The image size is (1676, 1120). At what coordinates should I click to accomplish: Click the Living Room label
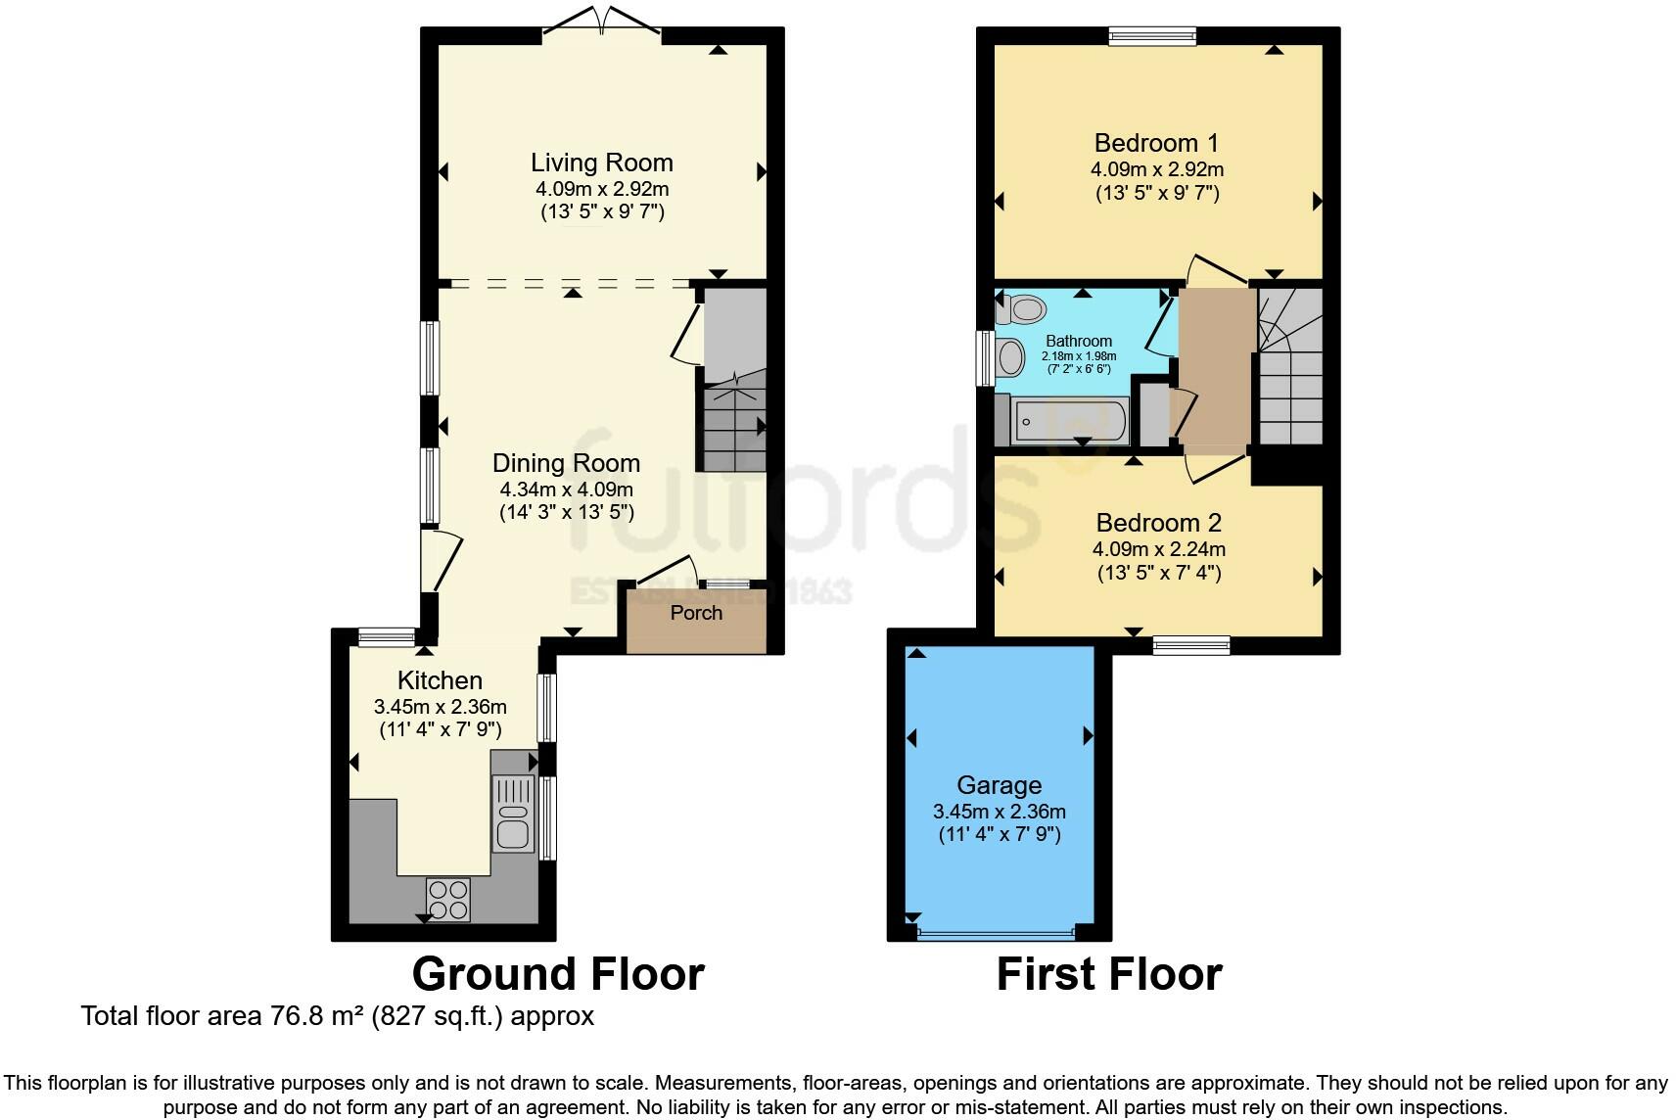click(x=601, y=163)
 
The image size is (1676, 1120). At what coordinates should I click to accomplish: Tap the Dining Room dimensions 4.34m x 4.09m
click(x=566, y=489)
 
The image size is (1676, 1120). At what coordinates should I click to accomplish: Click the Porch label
click(x=696, y=613)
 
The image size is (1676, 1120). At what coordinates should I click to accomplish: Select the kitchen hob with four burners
click(x=447, y=899)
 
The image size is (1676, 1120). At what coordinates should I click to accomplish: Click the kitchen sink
click(x=512, y=813)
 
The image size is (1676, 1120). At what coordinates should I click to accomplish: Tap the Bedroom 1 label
click(x=1156, y=143)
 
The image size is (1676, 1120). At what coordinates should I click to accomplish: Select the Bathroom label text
click(x=1079, y=341)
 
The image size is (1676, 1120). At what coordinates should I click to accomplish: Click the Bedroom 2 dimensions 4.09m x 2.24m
click(x=1159, y=549)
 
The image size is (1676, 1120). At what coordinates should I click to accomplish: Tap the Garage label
click(x=999, y=785)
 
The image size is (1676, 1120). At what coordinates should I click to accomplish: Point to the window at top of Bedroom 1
click(x=1152, y=36)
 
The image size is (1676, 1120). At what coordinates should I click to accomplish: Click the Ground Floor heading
click(x=558, y=974)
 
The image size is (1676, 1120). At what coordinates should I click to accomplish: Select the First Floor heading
click(x=1109, y=974)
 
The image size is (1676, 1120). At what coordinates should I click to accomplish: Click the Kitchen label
click(x=440, y=680)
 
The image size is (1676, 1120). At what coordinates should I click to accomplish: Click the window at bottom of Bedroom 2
click(x=1190, y=644)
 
